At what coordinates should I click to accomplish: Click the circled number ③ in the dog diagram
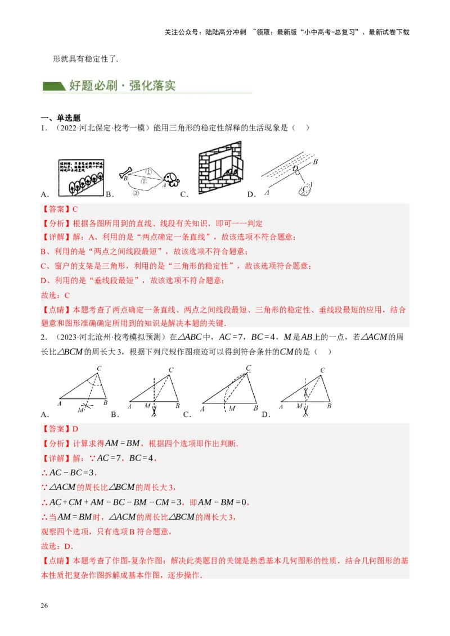click(136, 193)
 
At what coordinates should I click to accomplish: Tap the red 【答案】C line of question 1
click(59, 209)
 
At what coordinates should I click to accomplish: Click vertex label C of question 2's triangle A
click(99, 369)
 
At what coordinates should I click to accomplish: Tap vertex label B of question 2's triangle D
click(329, 405)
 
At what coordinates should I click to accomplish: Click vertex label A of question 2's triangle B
click(130, 406)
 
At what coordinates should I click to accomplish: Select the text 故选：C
click(55, 295)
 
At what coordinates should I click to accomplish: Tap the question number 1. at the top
click(43, 128)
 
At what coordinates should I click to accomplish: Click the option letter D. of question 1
click(251, 194)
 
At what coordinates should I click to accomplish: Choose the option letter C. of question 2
click(187, 415)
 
